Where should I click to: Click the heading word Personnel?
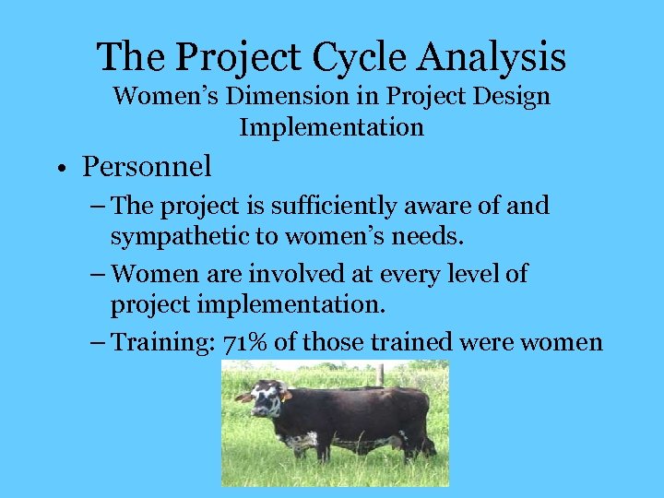click(147, 166)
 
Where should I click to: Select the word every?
click(397, 274)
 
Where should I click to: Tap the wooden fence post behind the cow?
click(379, 373)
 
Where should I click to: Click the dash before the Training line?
click(97, 342)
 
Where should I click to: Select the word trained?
click(411, 342)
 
